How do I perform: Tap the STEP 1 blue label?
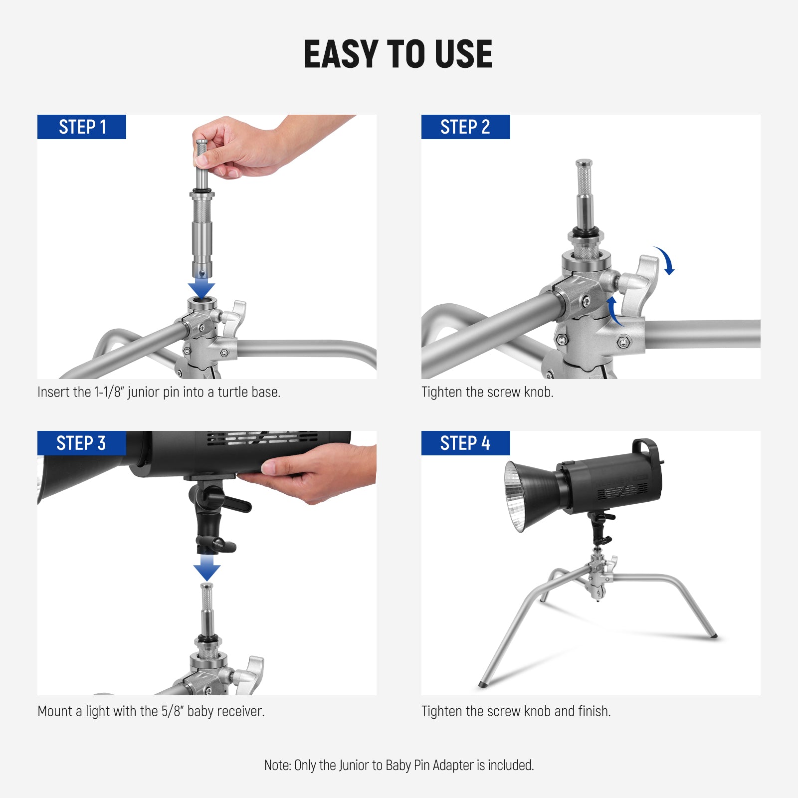82,127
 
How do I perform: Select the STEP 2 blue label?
465,127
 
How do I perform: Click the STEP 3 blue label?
81,443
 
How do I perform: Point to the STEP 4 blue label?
465,443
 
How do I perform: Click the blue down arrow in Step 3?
207,568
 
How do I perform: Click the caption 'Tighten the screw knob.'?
487,393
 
